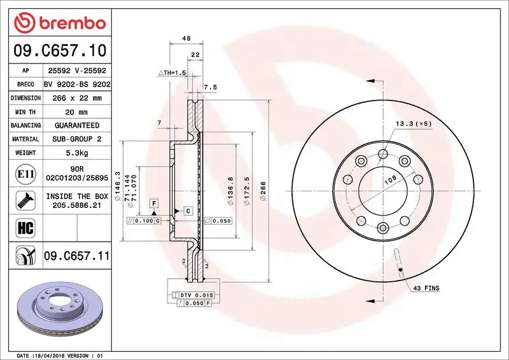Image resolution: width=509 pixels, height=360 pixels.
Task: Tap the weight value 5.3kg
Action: pyautogui.click(x=77, y=153)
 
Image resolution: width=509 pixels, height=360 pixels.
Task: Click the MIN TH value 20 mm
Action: pyautogui.click(x=77, y=112)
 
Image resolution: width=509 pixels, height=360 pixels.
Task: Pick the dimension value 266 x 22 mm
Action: pyautogui.click(x=77, y=98)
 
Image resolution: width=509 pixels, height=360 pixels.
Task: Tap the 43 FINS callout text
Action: pyautogui.click(x=426, y=288)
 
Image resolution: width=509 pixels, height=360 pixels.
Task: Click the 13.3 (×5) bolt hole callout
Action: pyautogui.click(x=413, y=123)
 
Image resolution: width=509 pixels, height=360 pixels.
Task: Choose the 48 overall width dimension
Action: pyautogui.click(x=186, y=39)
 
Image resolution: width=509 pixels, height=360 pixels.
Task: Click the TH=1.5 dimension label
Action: pyautogui.click(x=172, y=73)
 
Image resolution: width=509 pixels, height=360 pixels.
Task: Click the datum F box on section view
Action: pyautogui.click(x=153, y=202)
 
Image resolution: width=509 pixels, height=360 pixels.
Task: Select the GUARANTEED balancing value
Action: pyautogui.click(x=77, y=125)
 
